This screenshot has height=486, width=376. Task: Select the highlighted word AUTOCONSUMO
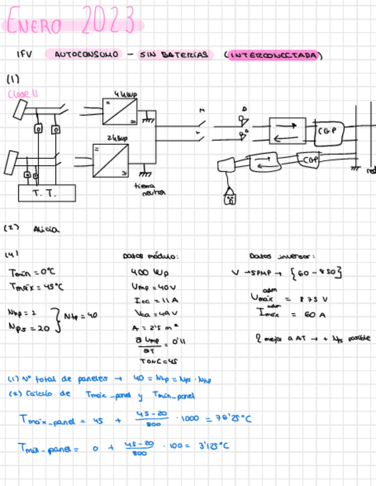click(x=88, y=54)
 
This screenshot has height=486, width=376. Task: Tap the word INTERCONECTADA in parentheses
click(x=275, y=55)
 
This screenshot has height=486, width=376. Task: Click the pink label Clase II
click(x=23, y=94)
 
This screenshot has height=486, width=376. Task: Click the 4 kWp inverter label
click(x=120, y=93)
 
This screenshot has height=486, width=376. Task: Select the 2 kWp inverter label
click(x=117, y=138)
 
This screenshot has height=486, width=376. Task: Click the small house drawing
click(x=230, y=198)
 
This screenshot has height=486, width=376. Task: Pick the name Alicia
click(x=46, y=229)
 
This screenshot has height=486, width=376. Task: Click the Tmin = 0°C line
click(x=33, y=273)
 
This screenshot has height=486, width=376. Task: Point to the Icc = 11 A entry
click(x=148, y=300)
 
